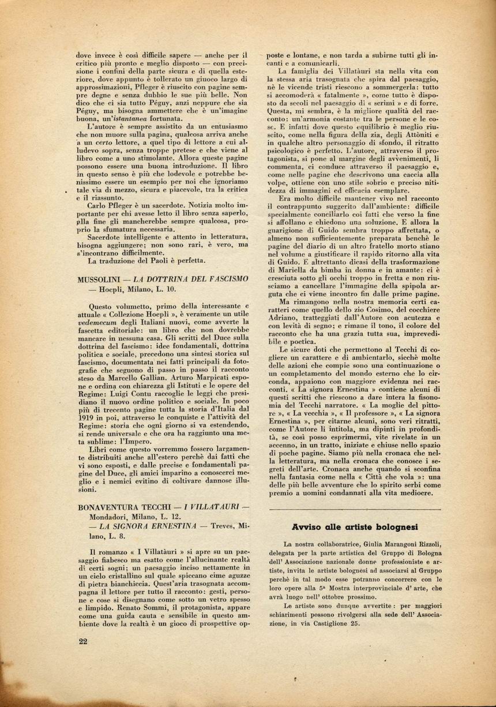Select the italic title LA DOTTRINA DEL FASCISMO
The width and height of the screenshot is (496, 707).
183,279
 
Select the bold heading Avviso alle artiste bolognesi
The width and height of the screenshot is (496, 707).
354,527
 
